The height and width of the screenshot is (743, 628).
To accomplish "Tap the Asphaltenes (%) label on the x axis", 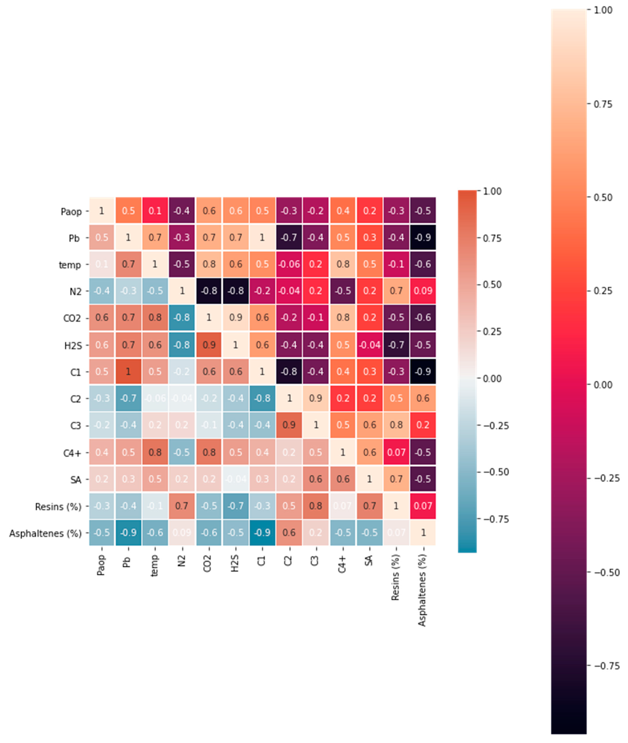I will tap(422, 590).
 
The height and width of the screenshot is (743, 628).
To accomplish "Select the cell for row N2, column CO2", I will tap(209, 291).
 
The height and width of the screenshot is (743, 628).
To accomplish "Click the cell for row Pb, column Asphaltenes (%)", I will tap(423, 238).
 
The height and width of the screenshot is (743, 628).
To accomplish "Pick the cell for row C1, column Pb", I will tap(128, 372).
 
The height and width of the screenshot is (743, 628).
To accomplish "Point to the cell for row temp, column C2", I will tap(289, 265).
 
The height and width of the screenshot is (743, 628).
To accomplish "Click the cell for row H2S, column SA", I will tap(370, 345).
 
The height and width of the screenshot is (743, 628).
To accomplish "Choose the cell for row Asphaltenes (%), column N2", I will tap(182, 533).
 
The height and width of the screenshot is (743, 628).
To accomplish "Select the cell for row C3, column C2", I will tap(289, 425).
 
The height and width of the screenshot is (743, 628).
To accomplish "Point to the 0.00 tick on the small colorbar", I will tap(492, 378).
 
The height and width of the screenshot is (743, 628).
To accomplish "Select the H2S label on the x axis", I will tap(235, 564).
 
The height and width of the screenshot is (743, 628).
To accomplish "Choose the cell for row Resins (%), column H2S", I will tap(236, 506).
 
